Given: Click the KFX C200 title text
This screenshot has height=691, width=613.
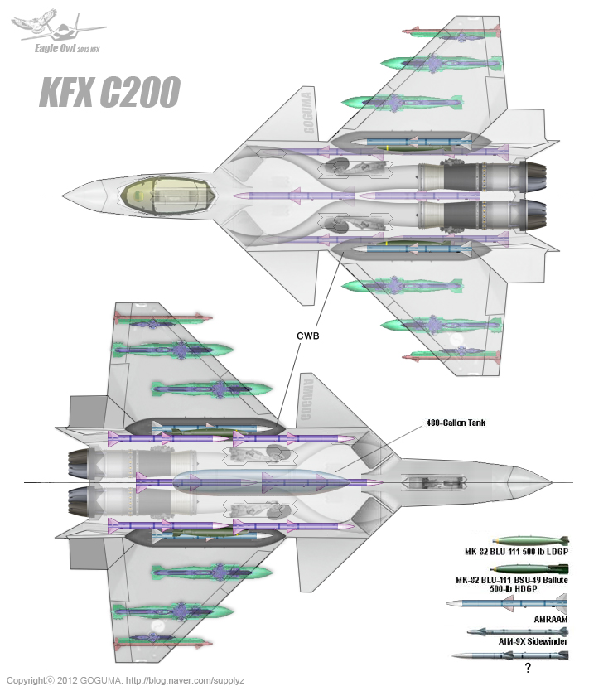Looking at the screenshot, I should pos(109,92).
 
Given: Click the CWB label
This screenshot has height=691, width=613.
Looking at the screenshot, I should pos(307,336).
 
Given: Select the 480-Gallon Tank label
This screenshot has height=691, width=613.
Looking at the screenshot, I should pos(453,423).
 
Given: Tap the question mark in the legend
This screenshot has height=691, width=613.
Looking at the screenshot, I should pos(527,666).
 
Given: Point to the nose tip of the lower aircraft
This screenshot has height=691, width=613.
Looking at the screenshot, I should pos(549,481).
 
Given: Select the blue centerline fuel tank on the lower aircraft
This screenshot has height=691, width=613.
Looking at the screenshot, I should pos(257,481).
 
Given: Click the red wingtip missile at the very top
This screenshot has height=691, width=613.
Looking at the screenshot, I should pos(451,31).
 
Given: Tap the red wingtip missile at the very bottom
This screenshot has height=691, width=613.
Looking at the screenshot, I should pos(162,643).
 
